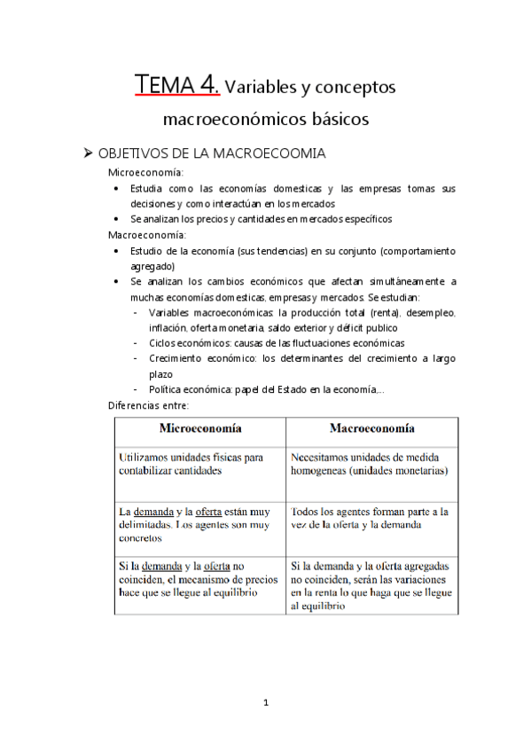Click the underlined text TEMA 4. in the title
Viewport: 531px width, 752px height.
[176, 86]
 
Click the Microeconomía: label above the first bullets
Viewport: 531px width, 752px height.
[145, 173]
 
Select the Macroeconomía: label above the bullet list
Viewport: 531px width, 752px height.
[146, 235]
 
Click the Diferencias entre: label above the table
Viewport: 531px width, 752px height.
[147, 404]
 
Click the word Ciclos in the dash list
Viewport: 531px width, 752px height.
[165, 343]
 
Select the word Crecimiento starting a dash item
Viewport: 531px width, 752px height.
[177, 358]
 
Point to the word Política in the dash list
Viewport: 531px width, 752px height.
[168, 389]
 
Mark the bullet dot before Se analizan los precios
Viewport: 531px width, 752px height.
[121, 219]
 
